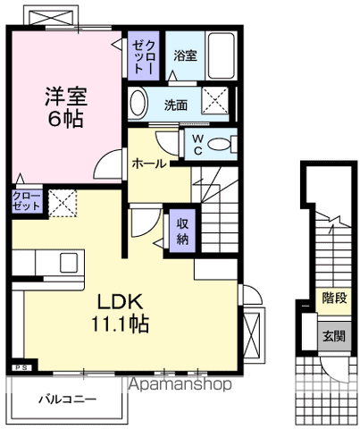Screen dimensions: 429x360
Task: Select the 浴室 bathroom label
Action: click(186, 55)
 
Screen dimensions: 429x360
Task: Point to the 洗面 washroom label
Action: click(176, 105)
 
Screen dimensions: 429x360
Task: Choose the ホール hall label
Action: click(147, 164)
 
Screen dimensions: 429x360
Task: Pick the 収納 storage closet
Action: click(182, 231)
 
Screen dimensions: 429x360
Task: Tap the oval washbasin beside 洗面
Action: click(137, 104)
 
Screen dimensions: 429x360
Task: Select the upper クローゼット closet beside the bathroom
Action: click(145, 58)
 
